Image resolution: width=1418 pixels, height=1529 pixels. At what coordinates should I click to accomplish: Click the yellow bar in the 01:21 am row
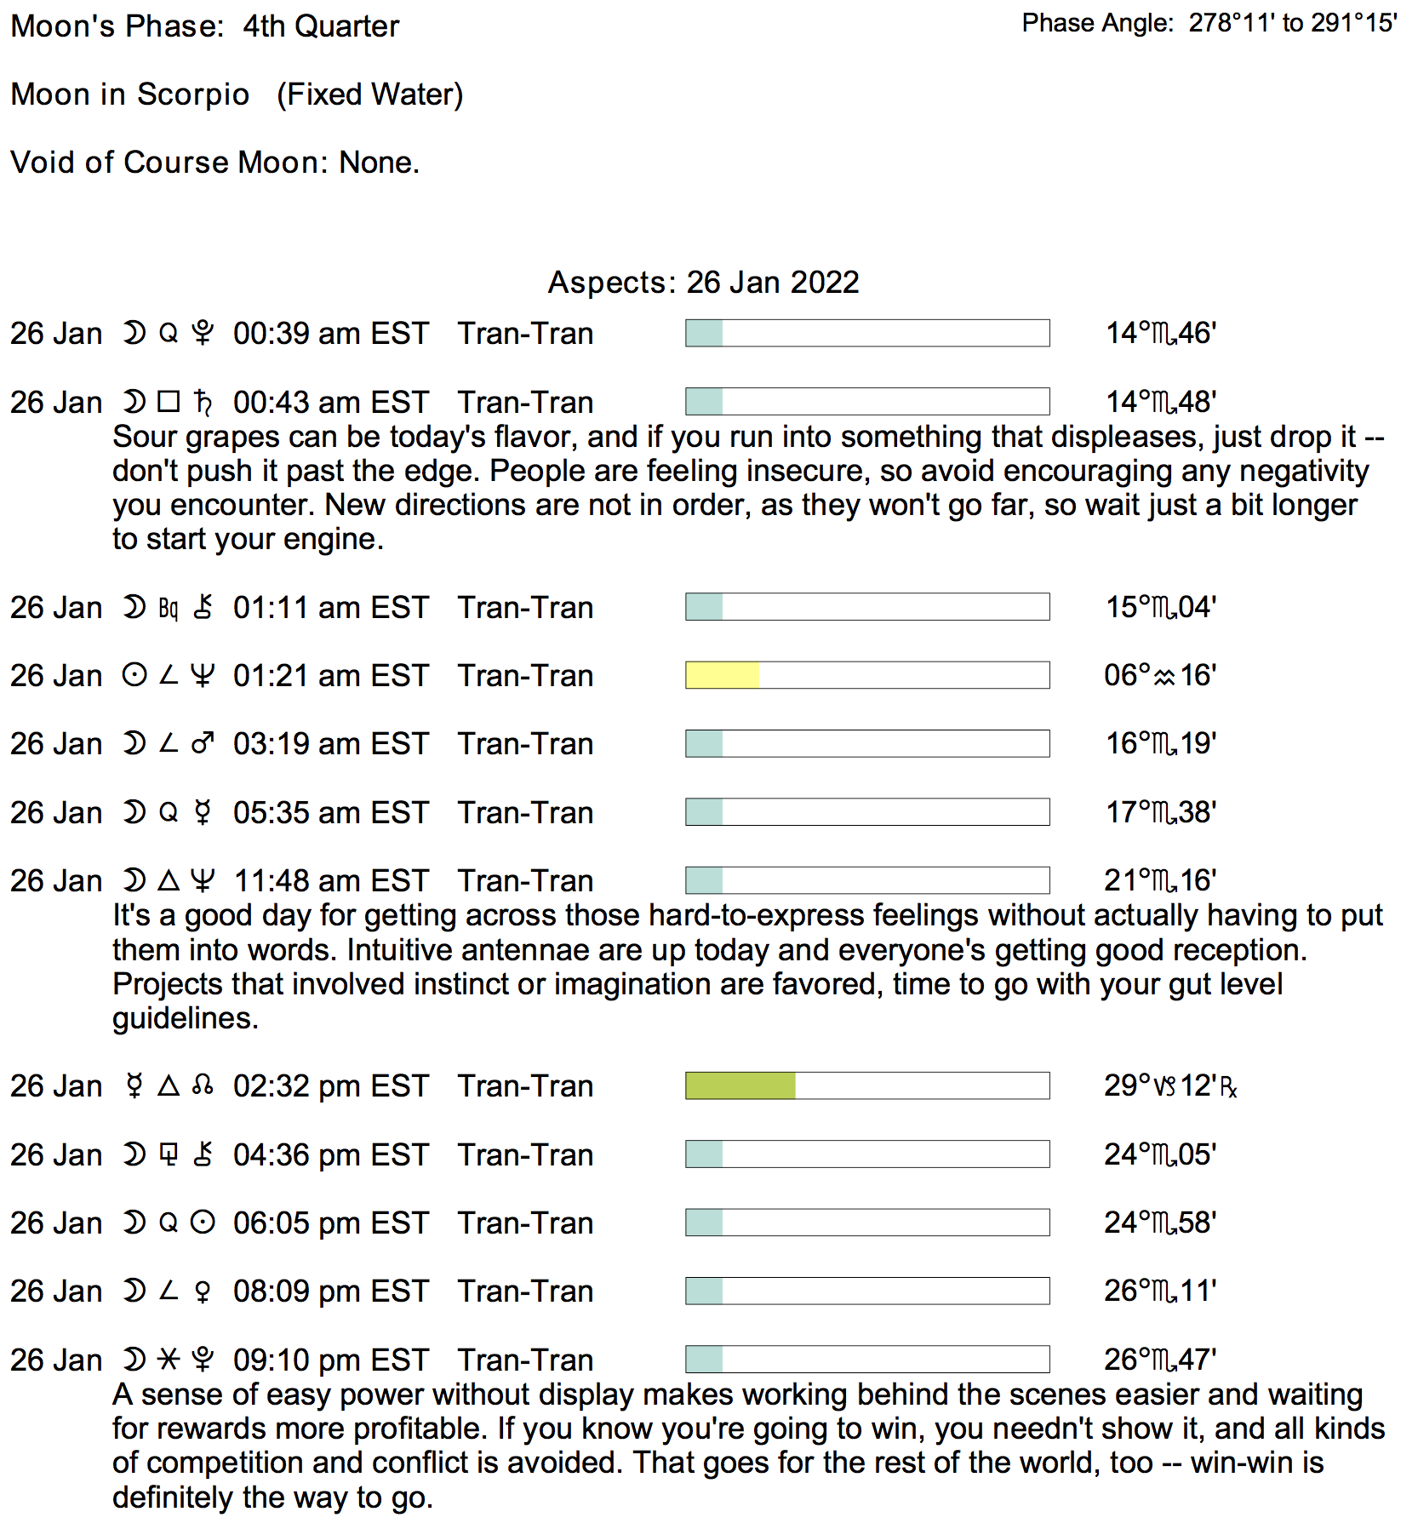(722, 675)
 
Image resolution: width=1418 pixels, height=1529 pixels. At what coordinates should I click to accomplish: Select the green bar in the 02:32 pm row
(740, 1085)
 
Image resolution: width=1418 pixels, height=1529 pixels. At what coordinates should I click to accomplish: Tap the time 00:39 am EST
(330, 333)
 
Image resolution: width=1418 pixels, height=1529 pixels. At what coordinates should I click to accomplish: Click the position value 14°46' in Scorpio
(1160, 333)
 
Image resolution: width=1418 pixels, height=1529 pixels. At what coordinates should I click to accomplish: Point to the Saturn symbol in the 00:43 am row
(203, 402)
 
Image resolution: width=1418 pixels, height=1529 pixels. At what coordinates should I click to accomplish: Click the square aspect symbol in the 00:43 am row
(169, 402)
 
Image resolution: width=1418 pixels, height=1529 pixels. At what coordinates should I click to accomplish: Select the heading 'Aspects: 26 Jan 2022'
(703, 282)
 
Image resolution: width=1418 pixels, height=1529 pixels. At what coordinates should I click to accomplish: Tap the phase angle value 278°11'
(1232, 23)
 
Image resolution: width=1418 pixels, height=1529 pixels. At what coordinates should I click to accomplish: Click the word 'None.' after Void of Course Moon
(380, 163)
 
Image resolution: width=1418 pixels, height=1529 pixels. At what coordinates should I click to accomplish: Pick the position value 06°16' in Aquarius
(1159, 675)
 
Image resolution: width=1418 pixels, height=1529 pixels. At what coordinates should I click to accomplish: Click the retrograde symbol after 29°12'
(1228, 1087)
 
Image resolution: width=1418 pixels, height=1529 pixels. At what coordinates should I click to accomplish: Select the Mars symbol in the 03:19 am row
(203, 744)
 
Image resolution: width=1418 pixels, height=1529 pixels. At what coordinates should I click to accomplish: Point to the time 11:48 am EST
(330, 880)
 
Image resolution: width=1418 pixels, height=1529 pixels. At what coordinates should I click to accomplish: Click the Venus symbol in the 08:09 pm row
(203, 1291)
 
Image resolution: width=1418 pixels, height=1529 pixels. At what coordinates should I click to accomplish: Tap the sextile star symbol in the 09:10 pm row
(169, 1360)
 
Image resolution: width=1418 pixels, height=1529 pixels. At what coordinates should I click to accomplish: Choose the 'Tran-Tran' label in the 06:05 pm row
(525, 1223)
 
